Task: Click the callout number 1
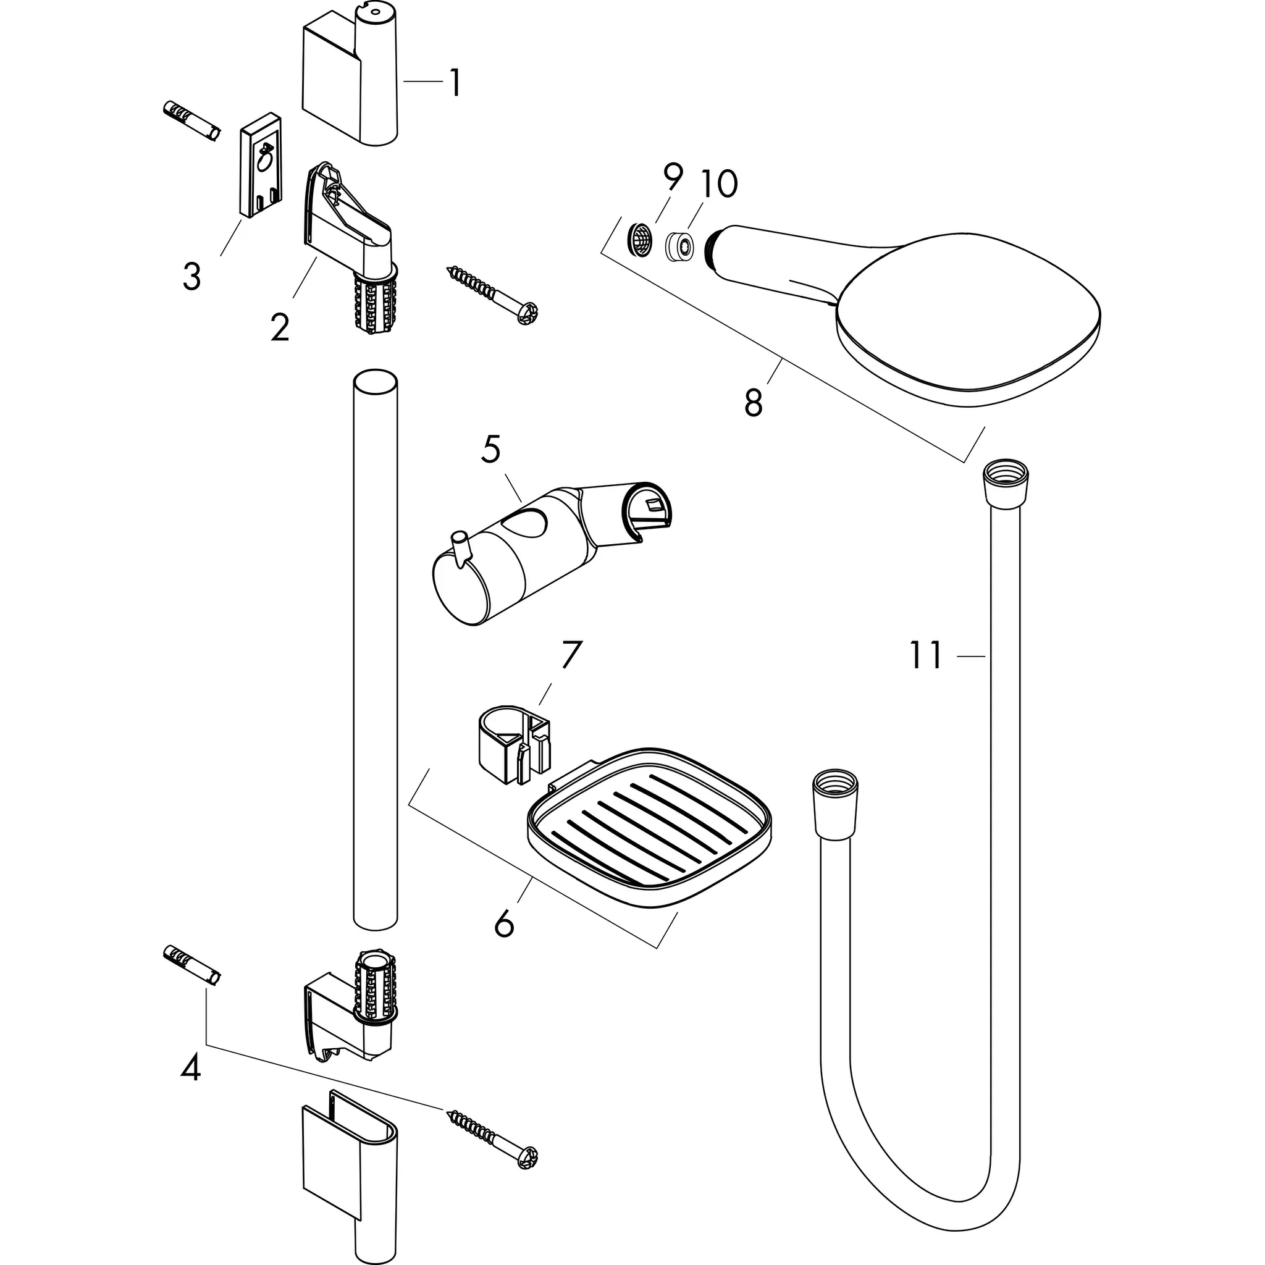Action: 455,83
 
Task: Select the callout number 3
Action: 191,277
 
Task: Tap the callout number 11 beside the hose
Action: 926,655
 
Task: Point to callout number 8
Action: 754,401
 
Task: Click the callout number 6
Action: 504,925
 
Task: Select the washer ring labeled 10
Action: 681,247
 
